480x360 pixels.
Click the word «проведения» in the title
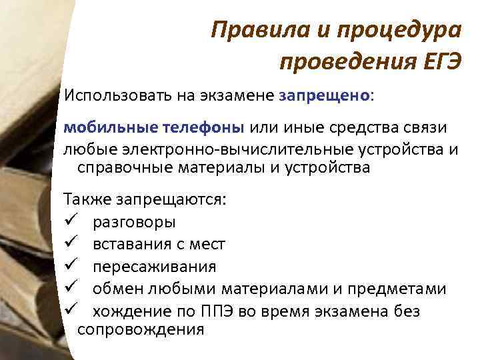click(339, 62)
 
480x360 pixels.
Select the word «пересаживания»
click(154, 267)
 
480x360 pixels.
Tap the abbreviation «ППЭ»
click(216, 311)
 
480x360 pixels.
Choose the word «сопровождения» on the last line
click(141, 329)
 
